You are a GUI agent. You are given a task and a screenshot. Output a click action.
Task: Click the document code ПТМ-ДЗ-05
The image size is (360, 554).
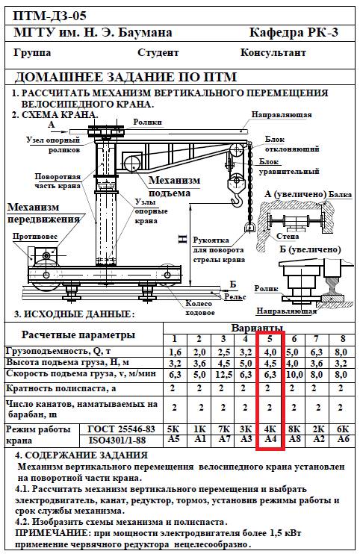coord(49,16)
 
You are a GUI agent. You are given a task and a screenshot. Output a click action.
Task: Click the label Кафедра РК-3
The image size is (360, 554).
coord(294,33)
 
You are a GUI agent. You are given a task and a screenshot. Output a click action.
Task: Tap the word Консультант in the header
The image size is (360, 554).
coord(273,53)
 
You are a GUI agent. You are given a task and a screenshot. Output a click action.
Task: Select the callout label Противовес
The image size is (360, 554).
coord(35,236)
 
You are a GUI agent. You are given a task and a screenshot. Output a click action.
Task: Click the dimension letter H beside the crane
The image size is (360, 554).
coord(182,240)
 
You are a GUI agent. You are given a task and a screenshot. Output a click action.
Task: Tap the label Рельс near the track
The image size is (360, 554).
coord(235,297)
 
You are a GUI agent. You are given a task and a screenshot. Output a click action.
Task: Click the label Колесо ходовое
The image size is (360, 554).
coord(199,308)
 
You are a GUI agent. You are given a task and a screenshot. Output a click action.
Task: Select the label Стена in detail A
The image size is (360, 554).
coord(288,237)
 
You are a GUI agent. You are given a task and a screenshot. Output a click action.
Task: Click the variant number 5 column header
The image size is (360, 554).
coord(270,339)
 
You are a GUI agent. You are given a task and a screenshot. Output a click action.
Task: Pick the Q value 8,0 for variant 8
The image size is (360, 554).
coord(341,352)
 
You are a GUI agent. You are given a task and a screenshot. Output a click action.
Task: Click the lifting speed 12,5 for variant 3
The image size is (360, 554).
coord(223,374)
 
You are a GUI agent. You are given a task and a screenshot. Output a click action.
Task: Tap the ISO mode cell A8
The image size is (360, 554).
coord(294,439)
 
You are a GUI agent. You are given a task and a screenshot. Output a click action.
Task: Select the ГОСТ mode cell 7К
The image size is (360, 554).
coord(223,429)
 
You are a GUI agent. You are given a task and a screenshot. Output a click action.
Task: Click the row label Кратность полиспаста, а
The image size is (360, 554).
coord(61,388)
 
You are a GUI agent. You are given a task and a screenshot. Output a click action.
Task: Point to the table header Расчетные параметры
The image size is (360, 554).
coord(78,335)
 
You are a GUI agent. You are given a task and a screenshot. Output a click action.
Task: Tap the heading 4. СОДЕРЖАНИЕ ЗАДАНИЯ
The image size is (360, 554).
coord(81,455)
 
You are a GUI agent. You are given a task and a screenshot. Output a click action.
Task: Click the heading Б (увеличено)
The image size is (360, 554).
coord(310,249)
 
